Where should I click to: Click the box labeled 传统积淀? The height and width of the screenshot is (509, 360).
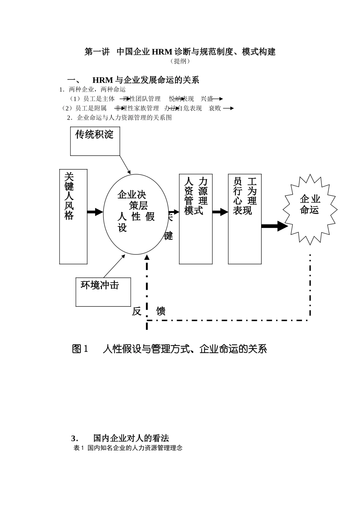coord(95,141)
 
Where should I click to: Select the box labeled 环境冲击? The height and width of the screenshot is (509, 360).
coord(103,292)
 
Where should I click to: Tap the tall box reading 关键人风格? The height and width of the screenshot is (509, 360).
coord(73,216)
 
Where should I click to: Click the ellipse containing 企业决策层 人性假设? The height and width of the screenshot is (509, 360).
coord(136,214)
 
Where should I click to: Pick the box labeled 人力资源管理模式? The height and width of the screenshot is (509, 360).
coord(196,219)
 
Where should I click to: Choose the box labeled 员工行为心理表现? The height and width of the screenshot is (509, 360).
coord(244,219)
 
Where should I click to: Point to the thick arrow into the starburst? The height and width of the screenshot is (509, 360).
coord(275,226)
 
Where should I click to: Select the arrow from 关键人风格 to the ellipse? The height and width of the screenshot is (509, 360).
coord(95,212)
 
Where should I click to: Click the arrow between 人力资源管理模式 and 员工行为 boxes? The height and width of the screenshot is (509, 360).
coord(220,212)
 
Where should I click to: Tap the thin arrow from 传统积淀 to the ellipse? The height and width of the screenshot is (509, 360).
coord(125,164)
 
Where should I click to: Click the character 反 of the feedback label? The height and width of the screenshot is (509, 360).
coord(137,311)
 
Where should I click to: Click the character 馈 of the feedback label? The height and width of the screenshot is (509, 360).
coord(161,311)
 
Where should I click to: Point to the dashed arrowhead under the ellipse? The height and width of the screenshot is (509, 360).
coord(147,258)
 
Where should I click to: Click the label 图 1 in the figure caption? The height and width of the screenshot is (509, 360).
coord(80,349)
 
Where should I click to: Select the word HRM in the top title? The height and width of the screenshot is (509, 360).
coord(162,52)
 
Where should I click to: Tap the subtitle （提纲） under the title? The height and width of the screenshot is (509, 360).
coord(180,61)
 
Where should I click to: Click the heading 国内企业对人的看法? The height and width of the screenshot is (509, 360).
coord(131,438)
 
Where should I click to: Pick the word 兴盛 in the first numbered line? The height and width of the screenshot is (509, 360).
coord(207,99)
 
